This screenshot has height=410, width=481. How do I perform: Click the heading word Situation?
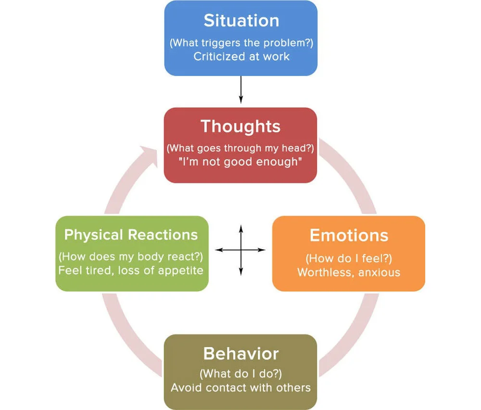[240, 21]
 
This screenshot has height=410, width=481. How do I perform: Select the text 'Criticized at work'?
[241, 56]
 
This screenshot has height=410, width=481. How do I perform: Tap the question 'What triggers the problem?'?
[241, 42]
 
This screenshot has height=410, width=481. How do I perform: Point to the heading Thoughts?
[240, 126]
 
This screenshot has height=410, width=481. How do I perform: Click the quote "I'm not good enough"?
[240, 162]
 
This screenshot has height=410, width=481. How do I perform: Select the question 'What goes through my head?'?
[240, 148]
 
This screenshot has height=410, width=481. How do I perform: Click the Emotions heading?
[349, 235]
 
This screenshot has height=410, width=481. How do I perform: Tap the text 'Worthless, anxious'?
[349, 272]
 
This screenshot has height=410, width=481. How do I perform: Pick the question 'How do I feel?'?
[349, 258]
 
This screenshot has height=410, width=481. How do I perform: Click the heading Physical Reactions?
[131, 235]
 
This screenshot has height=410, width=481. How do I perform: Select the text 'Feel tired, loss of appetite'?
[131, 270]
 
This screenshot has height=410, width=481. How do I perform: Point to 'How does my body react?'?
[131, 256]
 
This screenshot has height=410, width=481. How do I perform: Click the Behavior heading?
[241, 354]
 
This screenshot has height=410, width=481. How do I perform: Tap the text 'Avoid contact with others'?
[241, 387]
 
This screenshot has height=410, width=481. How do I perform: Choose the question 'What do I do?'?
[240, 374]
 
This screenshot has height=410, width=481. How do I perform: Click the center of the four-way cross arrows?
[240, 250]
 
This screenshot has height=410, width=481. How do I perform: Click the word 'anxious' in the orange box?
[381, 272]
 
